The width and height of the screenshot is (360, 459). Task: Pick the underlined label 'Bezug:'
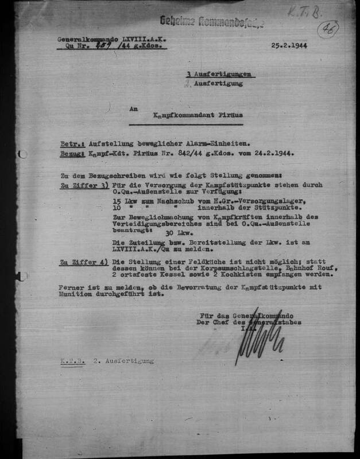pos(72,154)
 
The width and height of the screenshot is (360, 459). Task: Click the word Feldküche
pos(181,262)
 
